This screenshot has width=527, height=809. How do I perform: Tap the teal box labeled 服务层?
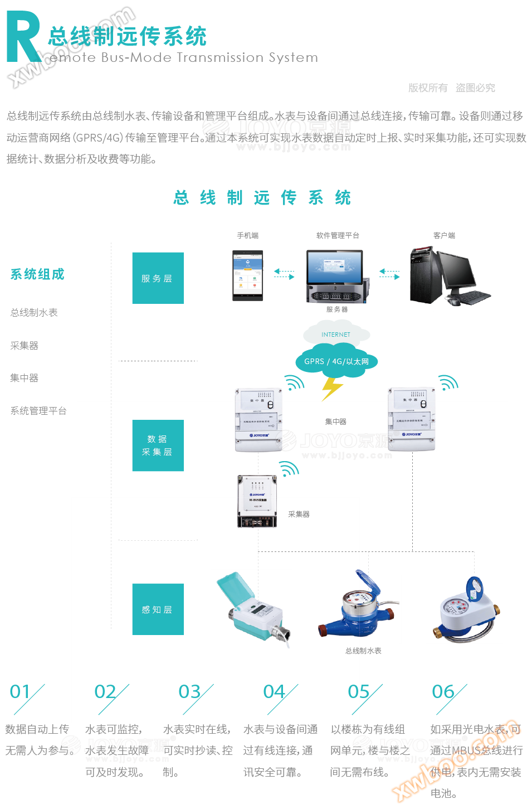pyautogui.click(x=158, y=278)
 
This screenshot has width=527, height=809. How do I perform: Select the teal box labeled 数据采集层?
pyautogui.click(x=158, y=445)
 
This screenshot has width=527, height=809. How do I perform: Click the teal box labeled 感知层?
pyautogui.click(x=158, y=609)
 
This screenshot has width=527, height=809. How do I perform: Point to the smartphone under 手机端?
pyautogui.click(x=248, y=275)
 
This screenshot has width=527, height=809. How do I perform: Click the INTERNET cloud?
pyautogui.click(x=336, y=335)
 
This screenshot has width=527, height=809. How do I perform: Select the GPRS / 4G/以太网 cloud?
pyautogui.click(x=336, y=361)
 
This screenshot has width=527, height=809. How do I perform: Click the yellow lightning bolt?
pyautogui.click(x=332, y=388)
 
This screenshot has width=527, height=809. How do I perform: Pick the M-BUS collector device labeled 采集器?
pyautogui.click(x=257, y=501)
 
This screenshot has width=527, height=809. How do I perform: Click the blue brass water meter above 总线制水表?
pyautogui.click(x=357, y=610)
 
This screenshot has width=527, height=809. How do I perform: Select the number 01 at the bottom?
pyautogui.click(x=20, y=692)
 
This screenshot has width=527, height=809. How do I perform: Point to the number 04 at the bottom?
pyautogui.click(x=274, y=692)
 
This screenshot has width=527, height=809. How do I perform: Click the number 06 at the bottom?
pyautogui.click(x=443, y=692)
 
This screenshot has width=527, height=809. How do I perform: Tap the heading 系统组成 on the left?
pyautogui.click(x=37, y=274)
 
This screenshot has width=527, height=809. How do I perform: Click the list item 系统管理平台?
pyautogui.click(x=38, y=411)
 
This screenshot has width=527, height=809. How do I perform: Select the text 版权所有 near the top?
pyautogui.click(x=427, y=88)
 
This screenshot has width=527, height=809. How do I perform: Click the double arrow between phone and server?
pyautogui.click(x=284, y=274)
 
